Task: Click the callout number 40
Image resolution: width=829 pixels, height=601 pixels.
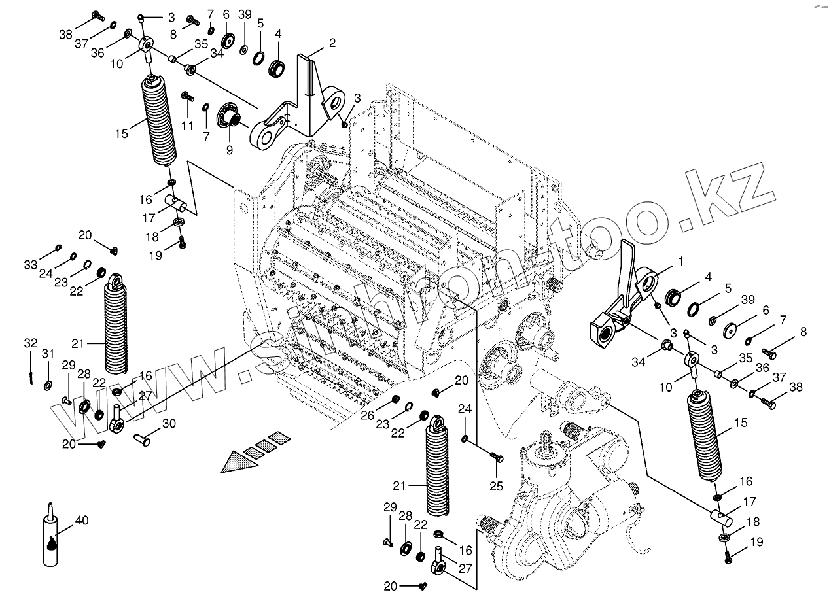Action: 82,520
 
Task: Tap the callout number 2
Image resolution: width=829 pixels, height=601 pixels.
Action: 332,43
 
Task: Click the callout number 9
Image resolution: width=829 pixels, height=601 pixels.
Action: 230,150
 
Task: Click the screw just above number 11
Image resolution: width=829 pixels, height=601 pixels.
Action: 186,97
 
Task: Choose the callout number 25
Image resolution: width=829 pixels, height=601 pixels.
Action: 497,485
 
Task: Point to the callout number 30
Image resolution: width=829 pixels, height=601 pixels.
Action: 169,424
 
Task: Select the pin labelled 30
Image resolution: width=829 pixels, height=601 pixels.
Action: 142,439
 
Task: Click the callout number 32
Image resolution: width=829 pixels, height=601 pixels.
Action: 31,343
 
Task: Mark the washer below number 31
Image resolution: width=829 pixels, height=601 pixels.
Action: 48,383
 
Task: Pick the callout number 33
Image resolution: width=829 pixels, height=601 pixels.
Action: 31,264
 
